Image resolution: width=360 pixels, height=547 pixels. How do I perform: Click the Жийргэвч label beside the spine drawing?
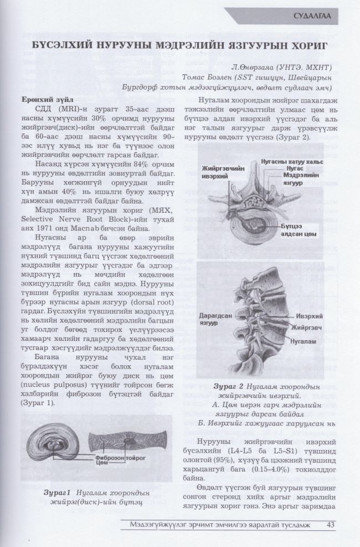pyautogui.click(x=306, y=329)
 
